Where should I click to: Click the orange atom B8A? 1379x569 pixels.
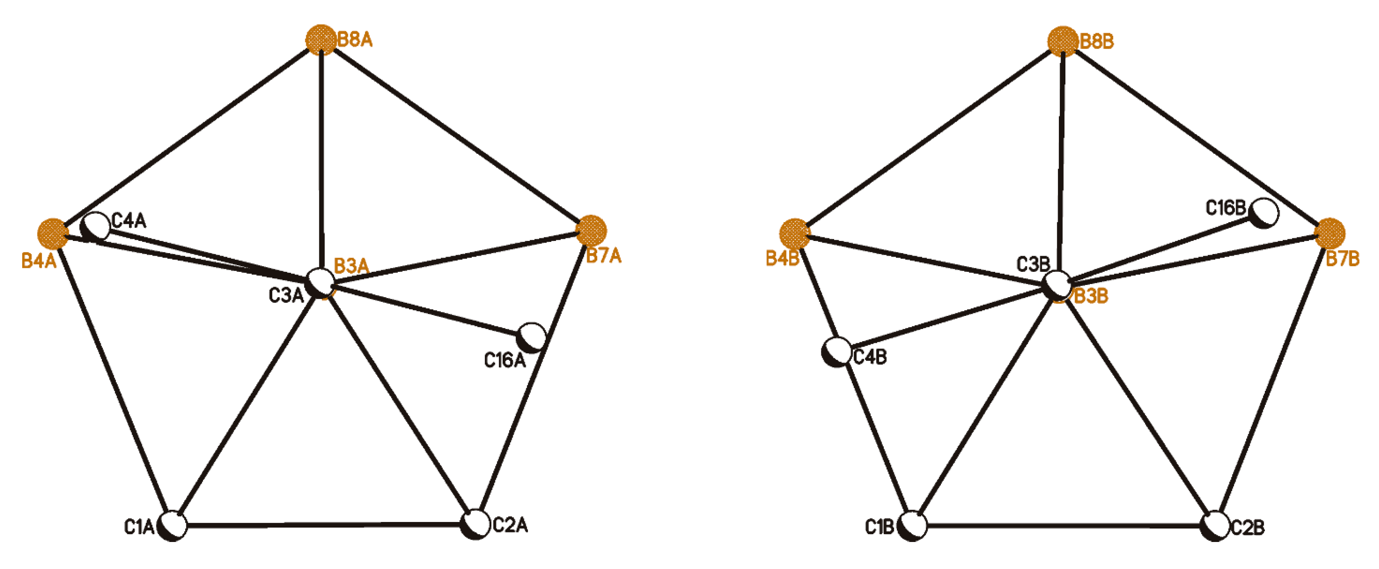tap(321, 40)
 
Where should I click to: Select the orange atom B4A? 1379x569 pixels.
tap(52, 234)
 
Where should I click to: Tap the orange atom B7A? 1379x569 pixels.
tap(591, 230)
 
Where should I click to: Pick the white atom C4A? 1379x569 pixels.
tap(95, 227)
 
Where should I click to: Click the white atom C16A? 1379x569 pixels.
tap(531, 337)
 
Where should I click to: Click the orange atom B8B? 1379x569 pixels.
tap(1063, 41)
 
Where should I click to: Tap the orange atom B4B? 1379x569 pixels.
tap(795, 234)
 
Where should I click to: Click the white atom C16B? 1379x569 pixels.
tap(1264, 213)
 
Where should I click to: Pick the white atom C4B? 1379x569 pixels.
tap(837, 352)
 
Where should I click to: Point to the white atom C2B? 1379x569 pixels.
tap(1215, 526)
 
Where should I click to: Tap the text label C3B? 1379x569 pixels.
tap(1033, 264)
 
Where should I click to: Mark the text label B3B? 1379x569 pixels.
tap(1091, 295)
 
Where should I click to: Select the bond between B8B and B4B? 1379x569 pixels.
tap(929, 138)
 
